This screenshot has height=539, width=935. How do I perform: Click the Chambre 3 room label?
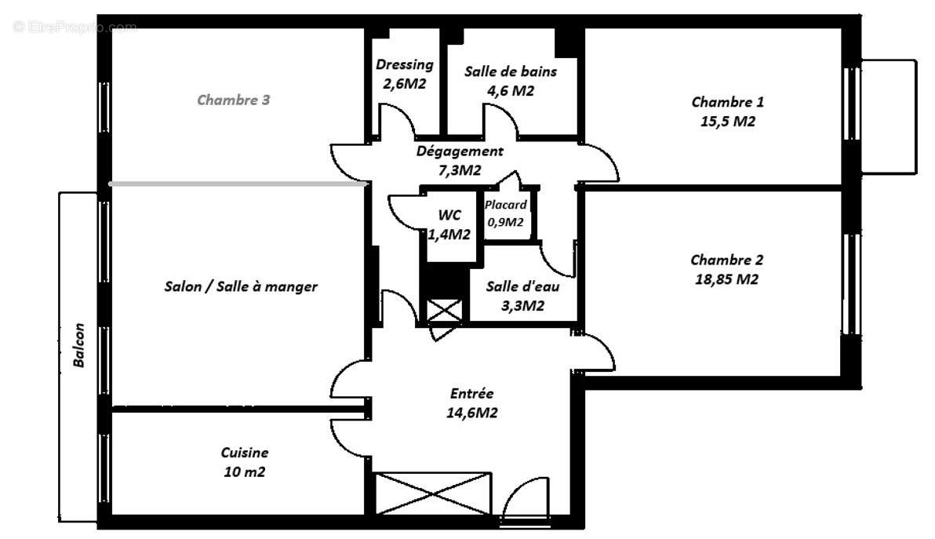click(x=238, y=100)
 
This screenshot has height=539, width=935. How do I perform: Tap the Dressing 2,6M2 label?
click(x=404, y=74)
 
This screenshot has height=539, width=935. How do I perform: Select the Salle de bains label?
click(x=511, y=71)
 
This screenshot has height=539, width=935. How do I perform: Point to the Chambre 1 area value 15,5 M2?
click(x=727, y=122)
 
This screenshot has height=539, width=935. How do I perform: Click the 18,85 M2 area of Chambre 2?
click(x=726, y=279)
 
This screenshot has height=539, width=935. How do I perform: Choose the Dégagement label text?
click(x=460, y=151)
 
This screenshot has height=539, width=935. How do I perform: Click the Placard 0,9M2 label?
click(x=506, y=213)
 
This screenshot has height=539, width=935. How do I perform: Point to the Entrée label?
click(x=471, y=394)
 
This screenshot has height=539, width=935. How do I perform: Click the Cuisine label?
click(x=244, y=453)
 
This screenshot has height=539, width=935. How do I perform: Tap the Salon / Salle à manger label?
click(x=241, y=286)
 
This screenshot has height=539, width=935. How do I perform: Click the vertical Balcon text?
click(x=78, y=347)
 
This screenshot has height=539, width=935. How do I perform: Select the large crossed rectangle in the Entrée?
click(x=434, y=493)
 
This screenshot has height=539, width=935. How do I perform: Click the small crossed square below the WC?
click(x=444, y=311)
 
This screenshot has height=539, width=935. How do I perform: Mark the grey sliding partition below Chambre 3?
click(x=238, y=184)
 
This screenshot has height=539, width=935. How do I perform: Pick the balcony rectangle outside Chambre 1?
click(x=888, y=116)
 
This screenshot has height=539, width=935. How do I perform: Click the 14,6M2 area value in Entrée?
click(x=471, y=413)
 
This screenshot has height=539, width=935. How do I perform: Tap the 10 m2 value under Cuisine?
click(x=244, y=472)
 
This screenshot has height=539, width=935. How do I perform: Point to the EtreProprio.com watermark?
click(x=75, y=27)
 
